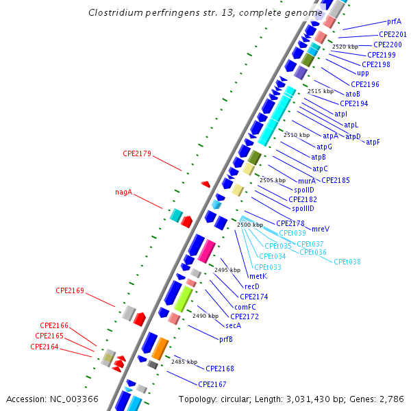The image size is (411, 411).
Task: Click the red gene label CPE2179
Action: click(136, 153)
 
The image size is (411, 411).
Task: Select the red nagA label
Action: click(123, 192)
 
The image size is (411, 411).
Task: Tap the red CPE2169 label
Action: click(70, 290)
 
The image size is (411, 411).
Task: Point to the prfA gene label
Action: click(394, 22)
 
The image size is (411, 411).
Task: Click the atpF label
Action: click(373, 142)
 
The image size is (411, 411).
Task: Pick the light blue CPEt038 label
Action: click(347, 262)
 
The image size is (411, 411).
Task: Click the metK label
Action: click(258, 276)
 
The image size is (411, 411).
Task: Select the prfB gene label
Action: click(225, 338)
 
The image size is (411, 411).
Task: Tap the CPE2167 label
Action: click(212, 384)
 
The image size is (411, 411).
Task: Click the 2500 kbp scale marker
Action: click(250, 225)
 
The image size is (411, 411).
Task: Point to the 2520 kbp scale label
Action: click(345, 47)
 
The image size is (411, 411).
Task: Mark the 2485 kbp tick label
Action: click(184, 361)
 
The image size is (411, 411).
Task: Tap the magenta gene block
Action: click(206, 251)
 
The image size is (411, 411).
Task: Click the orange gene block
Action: click(160, 348)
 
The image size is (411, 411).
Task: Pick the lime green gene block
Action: click(183, 299)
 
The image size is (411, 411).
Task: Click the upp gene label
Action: click(363, 73)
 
